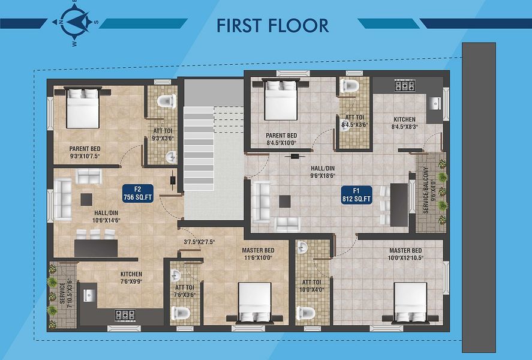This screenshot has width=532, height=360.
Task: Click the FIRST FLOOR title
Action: point(272,25)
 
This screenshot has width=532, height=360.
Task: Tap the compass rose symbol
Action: point(75,22)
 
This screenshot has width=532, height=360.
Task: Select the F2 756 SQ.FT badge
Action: point(138,193)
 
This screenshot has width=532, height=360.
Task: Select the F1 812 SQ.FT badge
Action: point(356,195)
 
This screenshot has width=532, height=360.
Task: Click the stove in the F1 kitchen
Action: point(405,85)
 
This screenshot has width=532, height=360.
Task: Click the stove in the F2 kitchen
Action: point(125,315)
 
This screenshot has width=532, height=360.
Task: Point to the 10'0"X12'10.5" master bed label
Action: point(405,254)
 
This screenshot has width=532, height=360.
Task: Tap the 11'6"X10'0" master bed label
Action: point(258,254)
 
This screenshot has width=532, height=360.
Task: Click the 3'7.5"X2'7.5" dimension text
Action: point(199,242)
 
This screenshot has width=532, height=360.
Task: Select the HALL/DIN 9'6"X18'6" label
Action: point(323,172)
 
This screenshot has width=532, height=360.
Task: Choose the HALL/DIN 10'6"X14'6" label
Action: point(106,217)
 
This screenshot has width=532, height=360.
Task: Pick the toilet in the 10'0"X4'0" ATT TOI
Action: point(305,313)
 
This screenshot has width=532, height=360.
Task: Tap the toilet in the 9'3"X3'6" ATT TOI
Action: point(167,101)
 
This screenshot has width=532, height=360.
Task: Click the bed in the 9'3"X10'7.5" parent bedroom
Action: point(82,107)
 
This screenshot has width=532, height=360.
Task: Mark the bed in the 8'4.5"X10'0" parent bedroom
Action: point(281,100)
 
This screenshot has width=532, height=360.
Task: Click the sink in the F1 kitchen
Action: point(434,103)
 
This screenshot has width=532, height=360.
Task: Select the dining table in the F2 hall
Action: point(96,248)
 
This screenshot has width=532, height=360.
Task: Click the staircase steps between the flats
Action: point(199,148)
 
